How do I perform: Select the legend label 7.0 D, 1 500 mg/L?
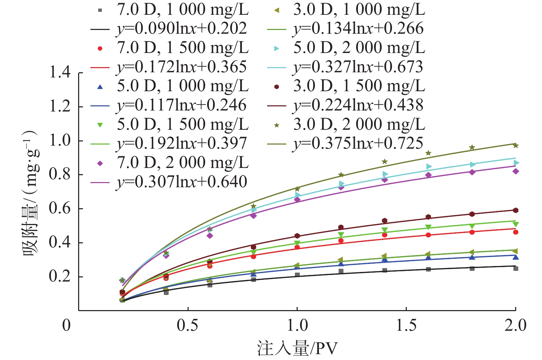[x=183, y=48]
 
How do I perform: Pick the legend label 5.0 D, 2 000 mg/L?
[x=359, y=48]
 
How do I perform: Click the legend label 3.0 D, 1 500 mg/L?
[x=359, y=86]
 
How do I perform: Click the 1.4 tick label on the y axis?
[x=60, y=73]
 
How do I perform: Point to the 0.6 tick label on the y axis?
[x=60, y=209]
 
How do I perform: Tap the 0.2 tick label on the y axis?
[x=60, y=276]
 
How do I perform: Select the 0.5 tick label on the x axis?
[x=188, y=325]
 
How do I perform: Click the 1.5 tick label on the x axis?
[x=406, y=325]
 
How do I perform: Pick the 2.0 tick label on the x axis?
[x=515, y=325]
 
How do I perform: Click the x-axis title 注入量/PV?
[x=297, y=348]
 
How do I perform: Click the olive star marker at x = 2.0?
[x=516, y=146]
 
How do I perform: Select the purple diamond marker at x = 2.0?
[x=516, y=171]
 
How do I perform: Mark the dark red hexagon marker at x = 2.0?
[x=516, y=210]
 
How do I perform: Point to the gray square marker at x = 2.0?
[x=516, y=268]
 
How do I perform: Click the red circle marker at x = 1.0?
[x=297, y=247]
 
